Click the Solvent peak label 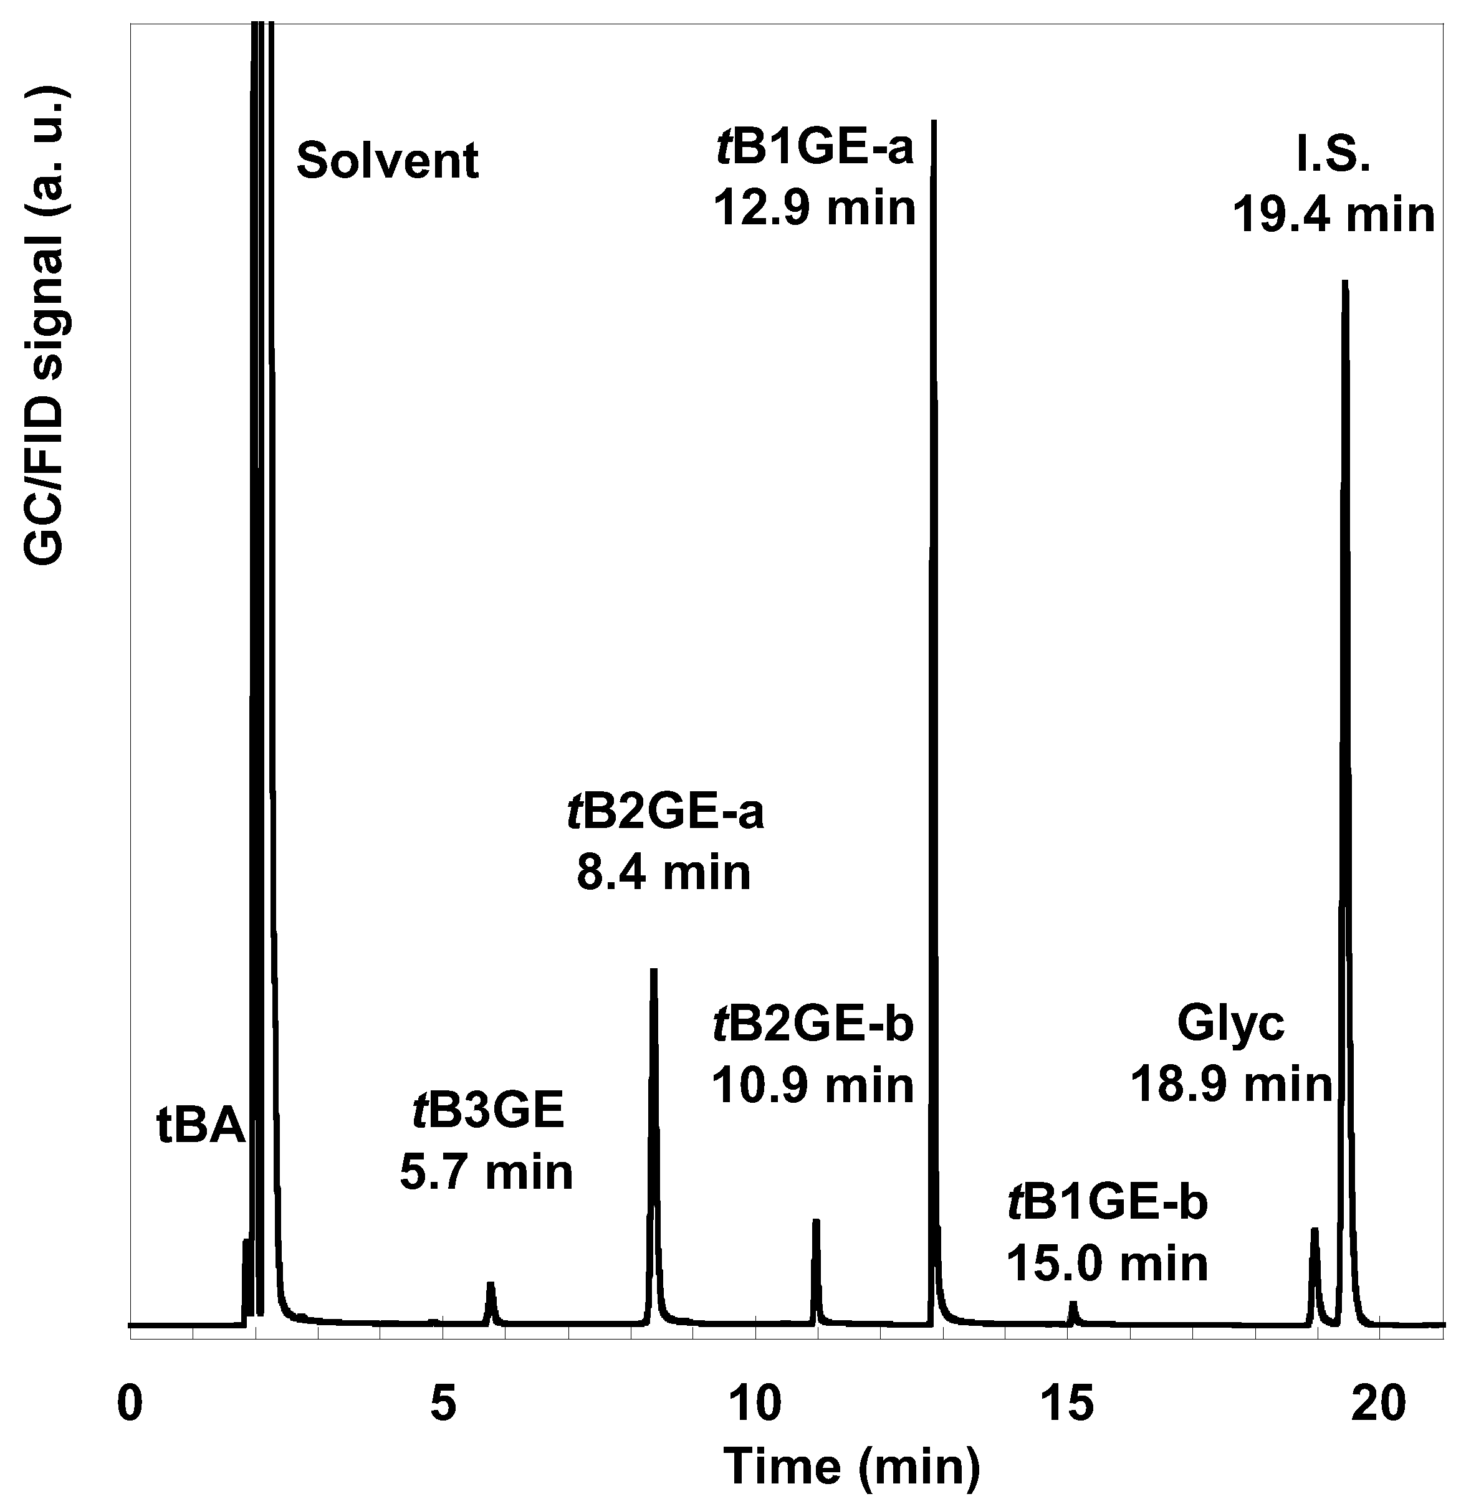tap(388, 160)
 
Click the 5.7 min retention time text tap(486, 1173)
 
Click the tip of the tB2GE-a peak tap(653, 971)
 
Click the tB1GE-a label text tap(814, 147)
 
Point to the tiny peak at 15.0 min tap(1072, 1306)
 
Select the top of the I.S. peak tap(1344, 283)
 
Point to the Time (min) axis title tap(853, 1467)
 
